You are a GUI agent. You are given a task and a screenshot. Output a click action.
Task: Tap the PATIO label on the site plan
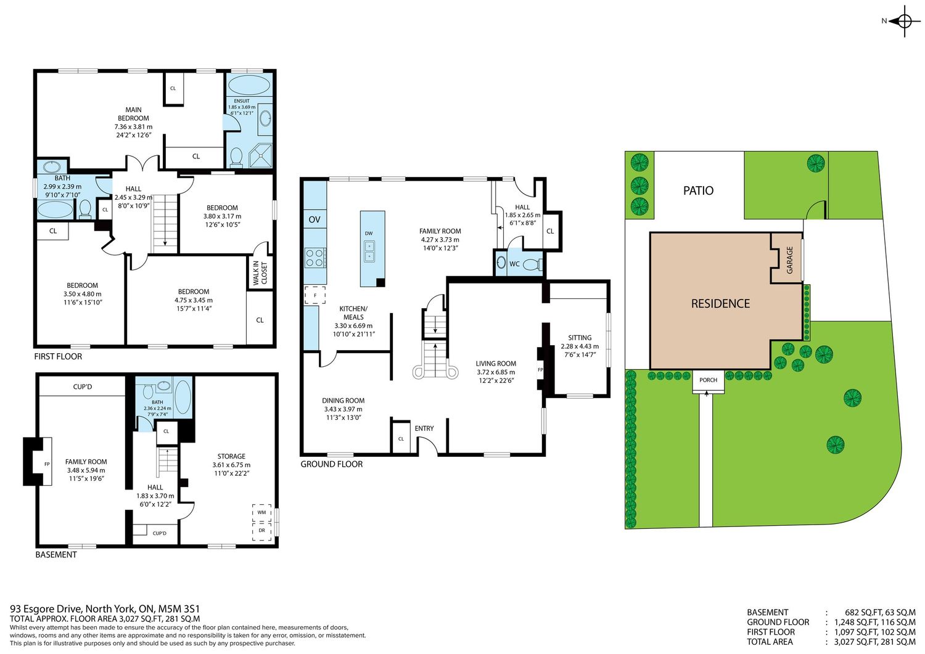tap(698, 190)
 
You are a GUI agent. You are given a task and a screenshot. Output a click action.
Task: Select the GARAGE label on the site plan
tap(790, 260)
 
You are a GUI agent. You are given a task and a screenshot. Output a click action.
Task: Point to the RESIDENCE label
tap(720, 303)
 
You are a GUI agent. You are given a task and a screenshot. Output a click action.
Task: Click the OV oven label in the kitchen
tap(314, 219)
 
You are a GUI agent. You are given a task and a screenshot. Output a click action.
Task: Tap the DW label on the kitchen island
tap(369, 233)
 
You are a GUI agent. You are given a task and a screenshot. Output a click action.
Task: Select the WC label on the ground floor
tap(514, 264)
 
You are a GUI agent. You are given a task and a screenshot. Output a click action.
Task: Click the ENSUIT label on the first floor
tap(242, 100)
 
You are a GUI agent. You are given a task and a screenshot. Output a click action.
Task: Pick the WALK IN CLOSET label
tap(260, 272)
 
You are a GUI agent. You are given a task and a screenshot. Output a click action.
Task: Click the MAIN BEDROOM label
tap(133, 114)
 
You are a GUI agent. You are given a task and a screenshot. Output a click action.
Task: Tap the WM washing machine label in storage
tap(262, 512)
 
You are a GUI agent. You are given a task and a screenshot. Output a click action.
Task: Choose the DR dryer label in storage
tap(262, 531)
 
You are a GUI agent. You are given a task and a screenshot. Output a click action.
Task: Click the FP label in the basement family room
tap(47, 464)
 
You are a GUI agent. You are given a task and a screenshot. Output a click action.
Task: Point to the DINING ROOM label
tap(343, 401)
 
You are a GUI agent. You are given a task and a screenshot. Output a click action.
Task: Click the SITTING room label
tap(580, 338)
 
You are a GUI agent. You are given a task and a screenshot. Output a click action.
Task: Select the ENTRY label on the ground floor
tap(424, 428)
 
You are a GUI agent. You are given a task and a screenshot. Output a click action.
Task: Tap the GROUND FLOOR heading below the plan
tap(332, 464)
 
